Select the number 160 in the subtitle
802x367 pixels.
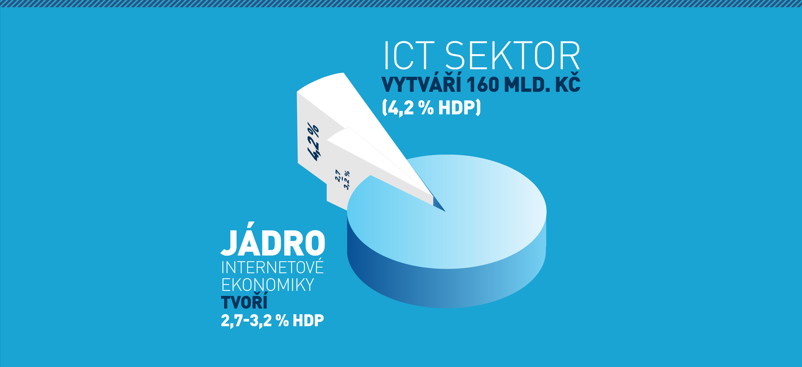pyautogui.click(x=483, y=85)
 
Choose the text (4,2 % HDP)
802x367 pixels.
pyautogui.click(x=432, y=108)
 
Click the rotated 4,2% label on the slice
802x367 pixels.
pyautogui.click(x=313, y=142)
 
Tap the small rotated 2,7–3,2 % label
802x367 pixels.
pyautogui.click(x=342, y=180)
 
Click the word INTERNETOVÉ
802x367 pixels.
pyautogui.click(x=272, y=268)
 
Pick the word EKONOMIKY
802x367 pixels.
pyautogui.click(x=267, y=285)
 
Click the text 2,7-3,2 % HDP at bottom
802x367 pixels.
pyautogui.click(x=272, y=321)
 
